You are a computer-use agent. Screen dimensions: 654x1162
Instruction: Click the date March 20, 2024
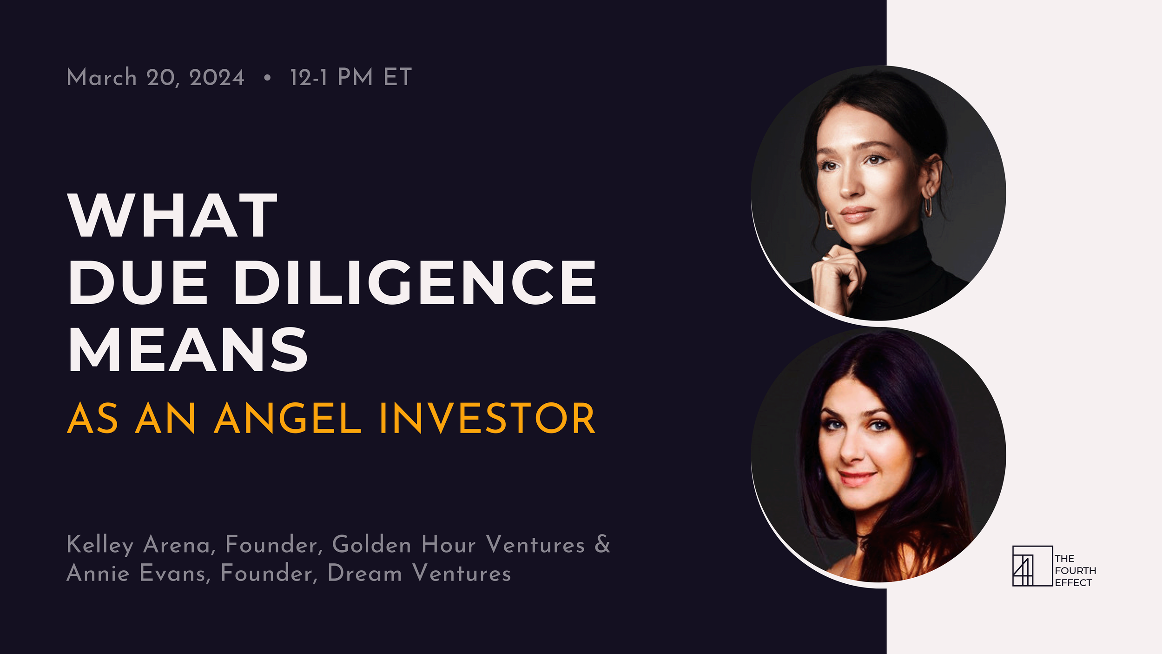[155, 77]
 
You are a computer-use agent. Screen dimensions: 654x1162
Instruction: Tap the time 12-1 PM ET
[351, 77]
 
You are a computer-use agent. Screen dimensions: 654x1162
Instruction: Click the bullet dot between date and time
[267, 78]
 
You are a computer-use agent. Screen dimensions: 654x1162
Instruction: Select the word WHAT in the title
[172, 216]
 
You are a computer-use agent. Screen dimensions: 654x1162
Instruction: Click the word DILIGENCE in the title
[415, 282]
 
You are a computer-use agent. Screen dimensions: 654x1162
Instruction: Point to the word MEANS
[188, 349]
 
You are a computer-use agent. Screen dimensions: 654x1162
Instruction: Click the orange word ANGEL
[287, 419]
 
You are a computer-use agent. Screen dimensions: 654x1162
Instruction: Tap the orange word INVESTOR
[487, 419]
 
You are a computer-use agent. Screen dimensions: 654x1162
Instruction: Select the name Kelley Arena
[139, 545]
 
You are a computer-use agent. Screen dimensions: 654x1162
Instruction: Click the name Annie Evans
[136, 573]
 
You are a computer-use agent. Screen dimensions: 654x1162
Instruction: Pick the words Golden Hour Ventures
[458, 545]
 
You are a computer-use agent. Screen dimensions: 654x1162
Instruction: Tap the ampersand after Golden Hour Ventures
[602, 544]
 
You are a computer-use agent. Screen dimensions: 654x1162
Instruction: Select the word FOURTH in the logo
[1075, 571]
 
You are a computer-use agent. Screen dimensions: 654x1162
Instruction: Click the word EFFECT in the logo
[1073, 583]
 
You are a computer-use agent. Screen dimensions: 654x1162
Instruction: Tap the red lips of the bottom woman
[856, 478]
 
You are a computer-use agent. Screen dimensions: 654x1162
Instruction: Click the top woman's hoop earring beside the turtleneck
[830, 220]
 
